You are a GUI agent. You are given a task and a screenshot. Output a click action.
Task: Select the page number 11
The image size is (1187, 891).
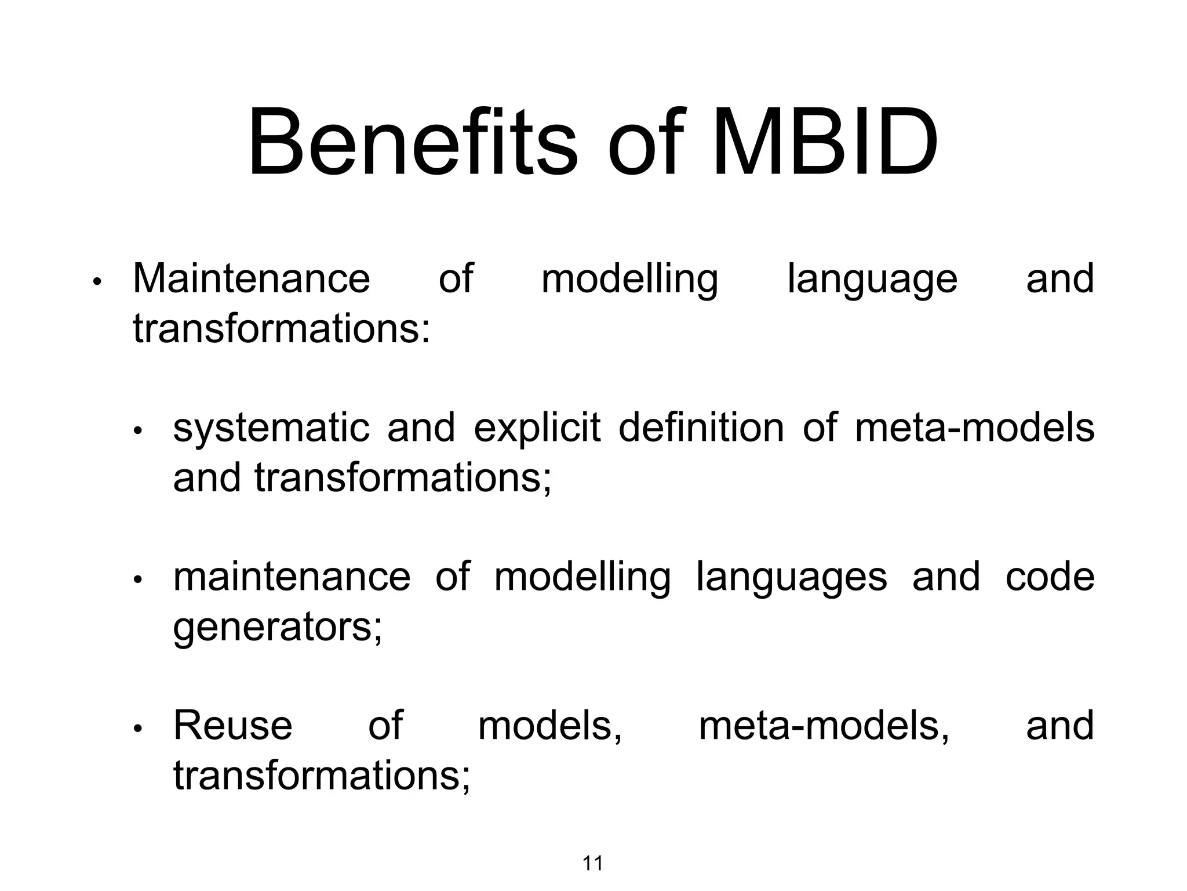click(x=592, y=864)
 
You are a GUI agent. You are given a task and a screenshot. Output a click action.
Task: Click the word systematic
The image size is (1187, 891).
click(x=271, y=429)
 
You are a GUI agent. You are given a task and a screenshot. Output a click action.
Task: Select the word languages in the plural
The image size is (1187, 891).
click(x=791, y=578)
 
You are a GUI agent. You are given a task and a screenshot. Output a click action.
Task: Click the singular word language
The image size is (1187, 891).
click(x=872, y=280)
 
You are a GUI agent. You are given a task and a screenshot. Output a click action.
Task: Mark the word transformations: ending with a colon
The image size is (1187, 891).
click(x=282, y=329)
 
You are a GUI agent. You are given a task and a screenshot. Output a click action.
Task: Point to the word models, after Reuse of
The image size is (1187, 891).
click(x=550, y=726)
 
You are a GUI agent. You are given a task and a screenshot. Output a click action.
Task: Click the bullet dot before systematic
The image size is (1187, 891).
click(x=137, y=430)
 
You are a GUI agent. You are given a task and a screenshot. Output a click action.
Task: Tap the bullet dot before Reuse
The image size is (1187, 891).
click(x=137, y=729)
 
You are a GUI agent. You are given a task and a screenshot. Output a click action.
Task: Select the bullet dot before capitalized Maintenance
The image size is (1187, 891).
click(x=97, y=282)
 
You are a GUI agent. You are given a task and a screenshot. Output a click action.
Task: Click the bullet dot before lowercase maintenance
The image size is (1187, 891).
click(x=137, y=579)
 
